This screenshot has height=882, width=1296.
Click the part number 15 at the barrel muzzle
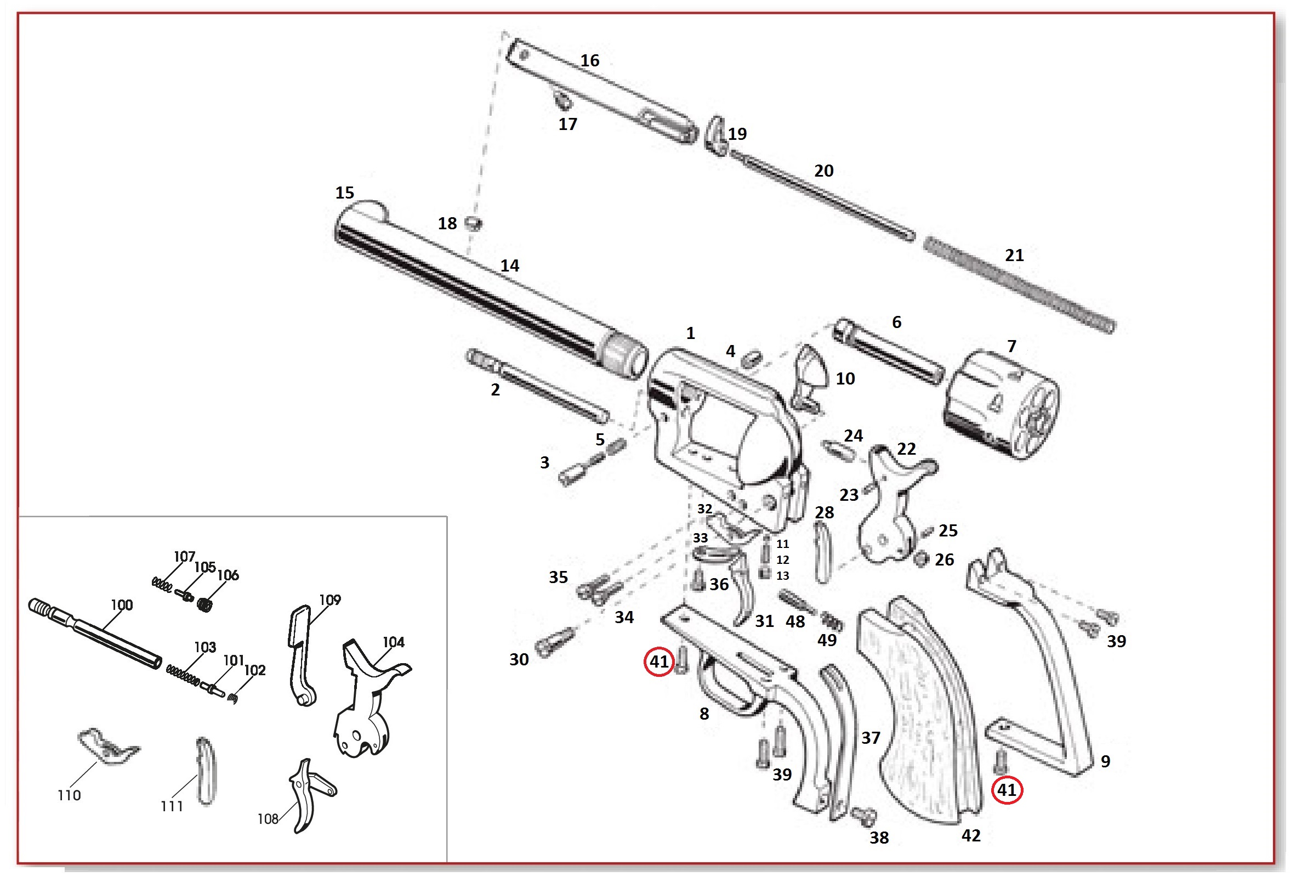coord(344,193)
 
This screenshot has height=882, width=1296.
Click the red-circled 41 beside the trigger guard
coord(658,661)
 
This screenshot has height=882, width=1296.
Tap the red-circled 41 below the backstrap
coord(1006,790)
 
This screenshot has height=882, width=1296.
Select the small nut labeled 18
coord(474,224)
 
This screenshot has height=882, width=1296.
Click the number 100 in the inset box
coord(122,606)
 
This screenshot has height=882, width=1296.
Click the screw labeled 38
coord(865,817)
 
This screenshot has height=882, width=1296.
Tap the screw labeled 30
coord(553,642)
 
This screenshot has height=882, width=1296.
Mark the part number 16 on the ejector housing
coord(589,60)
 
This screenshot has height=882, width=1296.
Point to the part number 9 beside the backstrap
coord(1105,761)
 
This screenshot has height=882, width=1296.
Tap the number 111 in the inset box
coord(172,806)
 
